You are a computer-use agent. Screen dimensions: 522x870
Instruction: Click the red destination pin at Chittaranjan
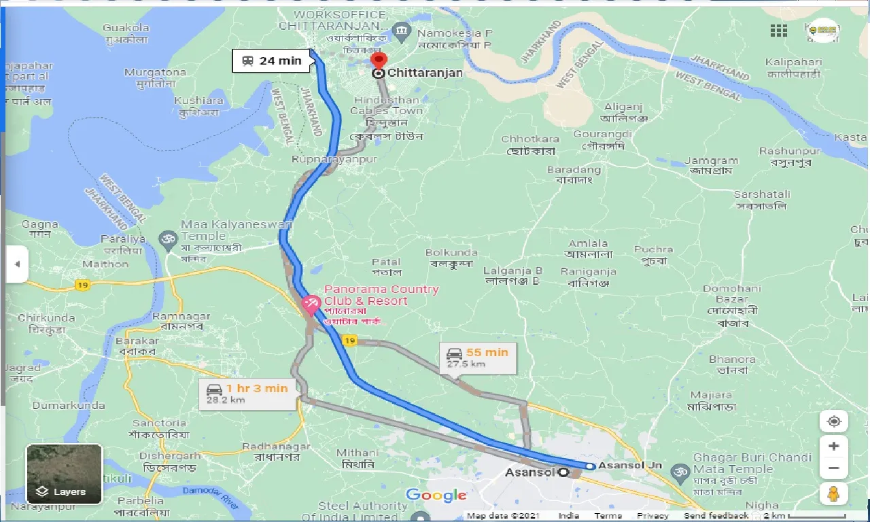379,61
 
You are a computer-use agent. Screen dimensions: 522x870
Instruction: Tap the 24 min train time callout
272,60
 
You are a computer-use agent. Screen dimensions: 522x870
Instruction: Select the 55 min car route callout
478,358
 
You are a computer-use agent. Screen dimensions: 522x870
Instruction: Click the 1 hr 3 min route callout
248,394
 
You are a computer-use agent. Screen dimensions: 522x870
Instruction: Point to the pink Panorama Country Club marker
311,303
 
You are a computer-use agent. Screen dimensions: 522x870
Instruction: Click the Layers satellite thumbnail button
64,474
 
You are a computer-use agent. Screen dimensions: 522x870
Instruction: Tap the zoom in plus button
834,447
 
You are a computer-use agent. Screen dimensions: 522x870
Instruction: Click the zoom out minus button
834,468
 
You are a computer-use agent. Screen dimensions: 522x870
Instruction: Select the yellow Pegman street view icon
834,494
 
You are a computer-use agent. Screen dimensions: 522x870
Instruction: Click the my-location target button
834,421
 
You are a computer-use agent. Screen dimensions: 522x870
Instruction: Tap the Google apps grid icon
779,31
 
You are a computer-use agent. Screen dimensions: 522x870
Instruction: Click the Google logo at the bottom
436,495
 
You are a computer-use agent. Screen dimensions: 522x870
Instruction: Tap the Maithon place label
105,264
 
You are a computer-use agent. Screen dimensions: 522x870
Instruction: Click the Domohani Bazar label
731,294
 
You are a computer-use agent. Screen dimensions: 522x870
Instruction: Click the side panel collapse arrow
17,264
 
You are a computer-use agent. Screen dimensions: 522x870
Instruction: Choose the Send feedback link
716,516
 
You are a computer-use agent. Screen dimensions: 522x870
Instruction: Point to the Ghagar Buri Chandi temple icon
678,470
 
